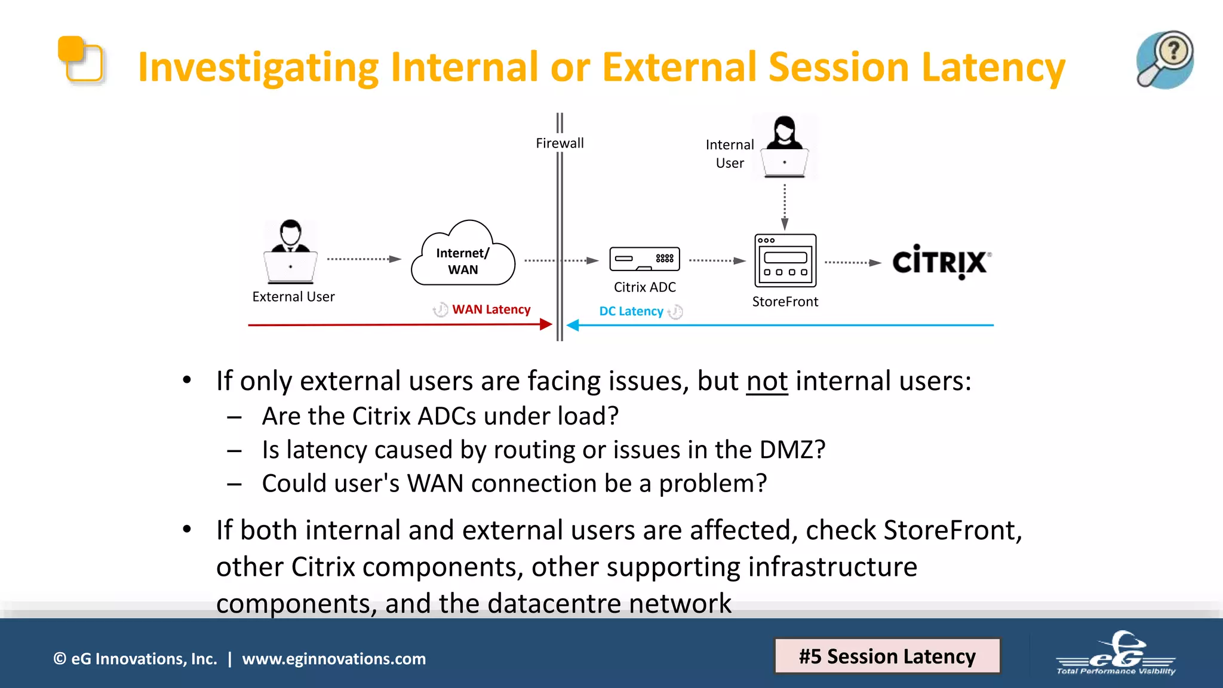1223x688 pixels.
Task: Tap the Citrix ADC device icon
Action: click(644, 259)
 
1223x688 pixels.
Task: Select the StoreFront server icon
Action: click(785, 260)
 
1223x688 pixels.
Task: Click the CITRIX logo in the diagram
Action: click(941, 262)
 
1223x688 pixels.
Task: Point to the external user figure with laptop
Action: click(290, 252)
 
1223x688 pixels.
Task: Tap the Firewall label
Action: click(560, 143)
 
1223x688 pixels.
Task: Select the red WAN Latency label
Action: click(491, 309)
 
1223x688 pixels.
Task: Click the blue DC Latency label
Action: click(631, 311)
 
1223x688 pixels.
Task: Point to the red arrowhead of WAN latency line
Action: click(545, 324)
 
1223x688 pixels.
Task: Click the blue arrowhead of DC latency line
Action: click(573, 325)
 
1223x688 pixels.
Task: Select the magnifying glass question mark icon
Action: click(1164, 60)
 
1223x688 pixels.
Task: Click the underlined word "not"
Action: click(767, 381)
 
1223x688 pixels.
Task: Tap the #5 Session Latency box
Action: click(887, 656)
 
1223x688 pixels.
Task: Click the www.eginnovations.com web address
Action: click(334, 659)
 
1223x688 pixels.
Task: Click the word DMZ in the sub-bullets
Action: click(791, 450)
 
